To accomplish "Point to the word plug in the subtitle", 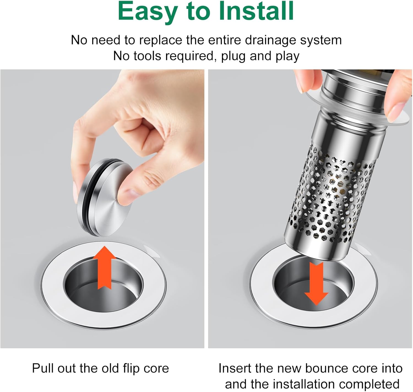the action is click(233, 57).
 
